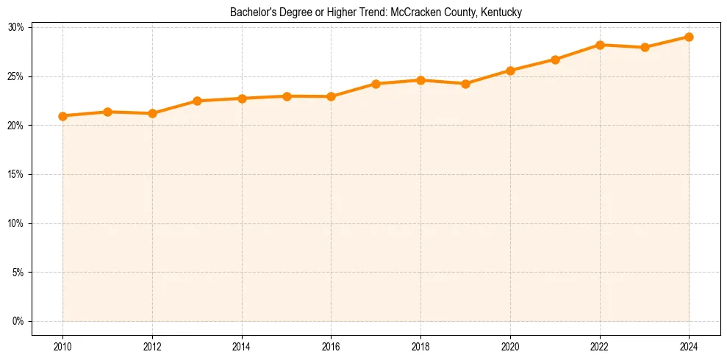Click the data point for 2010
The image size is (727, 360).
click(x=62, y=116)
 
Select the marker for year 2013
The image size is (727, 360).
click(x=197, y=101)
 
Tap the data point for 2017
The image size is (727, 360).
click(x=376, y=84)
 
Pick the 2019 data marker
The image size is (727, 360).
click(x=466, y=84)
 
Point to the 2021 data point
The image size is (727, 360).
click(x=555, y=60)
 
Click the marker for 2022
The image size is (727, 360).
click(x=600, y=45)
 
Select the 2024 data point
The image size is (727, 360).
click(x=689, y=37)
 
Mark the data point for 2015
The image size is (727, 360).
click(x=287, y=96)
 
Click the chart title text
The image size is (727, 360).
click(x=376, y=12)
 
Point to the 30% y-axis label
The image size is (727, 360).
click(x=16, y=28)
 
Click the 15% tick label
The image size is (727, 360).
click(x=16, y=175)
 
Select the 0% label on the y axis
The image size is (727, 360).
click(x=18, y=322)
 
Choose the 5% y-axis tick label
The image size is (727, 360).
click(x=18, y=273)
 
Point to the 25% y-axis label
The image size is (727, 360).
click(x=16, y=77)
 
